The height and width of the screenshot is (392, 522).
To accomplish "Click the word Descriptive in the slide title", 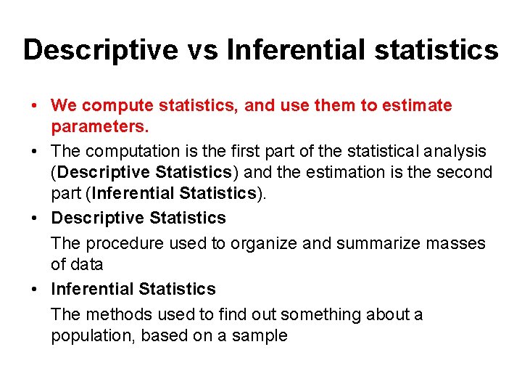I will click(100, 51).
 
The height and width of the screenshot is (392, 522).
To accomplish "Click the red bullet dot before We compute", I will click(36, 106).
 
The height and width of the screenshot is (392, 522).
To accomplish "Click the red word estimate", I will click(418, 106).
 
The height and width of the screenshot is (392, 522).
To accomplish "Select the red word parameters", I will click(99, 127).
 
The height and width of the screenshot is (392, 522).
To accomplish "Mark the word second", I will click(465, 173).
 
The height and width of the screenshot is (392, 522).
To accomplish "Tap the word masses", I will click(459, 243).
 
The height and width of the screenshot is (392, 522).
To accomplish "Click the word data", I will click(88, 265).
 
